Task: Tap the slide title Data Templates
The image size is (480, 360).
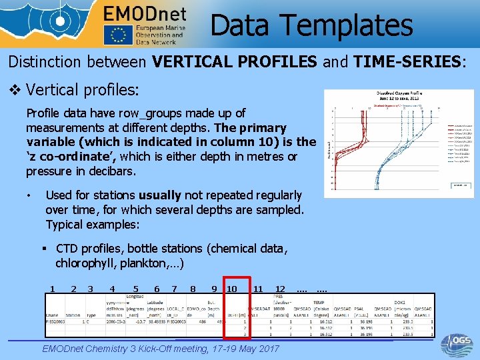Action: tap(311, 25)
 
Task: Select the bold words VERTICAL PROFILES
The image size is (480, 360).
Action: tap(235, 63)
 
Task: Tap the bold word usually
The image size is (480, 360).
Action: tap(160, 195)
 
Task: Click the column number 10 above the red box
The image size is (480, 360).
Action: tap(232, 289)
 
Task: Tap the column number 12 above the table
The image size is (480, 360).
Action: tap(280, 289)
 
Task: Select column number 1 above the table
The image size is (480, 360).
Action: tap(52, 289)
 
